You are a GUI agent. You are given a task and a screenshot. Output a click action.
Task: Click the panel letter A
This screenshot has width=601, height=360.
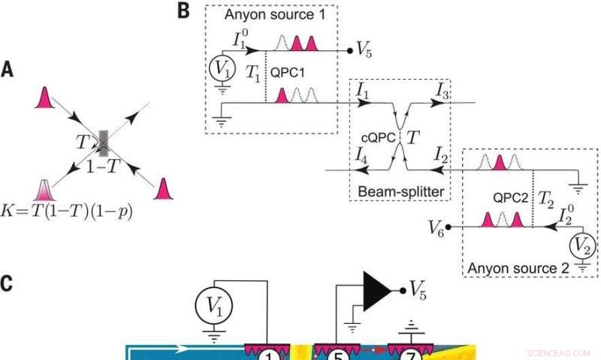(x=7, y=70)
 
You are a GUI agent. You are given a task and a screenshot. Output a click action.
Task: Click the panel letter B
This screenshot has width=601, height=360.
(x=183, y=10)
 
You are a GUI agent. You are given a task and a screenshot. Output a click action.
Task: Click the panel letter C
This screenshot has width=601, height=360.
(x=8, y=283)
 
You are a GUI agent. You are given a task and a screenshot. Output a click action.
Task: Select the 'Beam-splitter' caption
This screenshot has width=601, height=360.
(x=399, y=192)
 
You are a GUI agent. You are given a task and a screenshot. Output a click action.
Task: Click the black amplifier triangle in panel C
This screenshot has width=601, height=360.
(x=379, y=289)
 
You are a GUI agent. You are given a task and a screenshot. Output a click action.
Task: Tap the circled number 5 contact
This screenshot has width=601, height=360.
(x=335, y=355)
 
